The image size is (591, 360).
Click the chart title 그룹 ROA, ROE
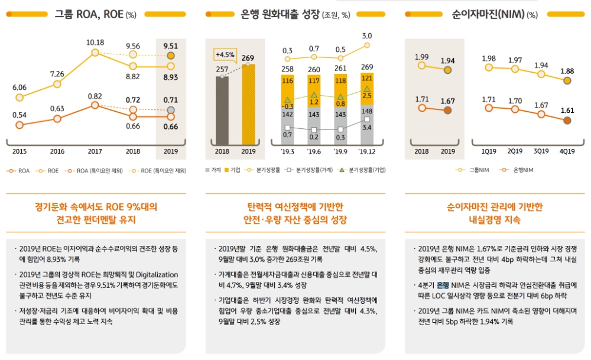click(x=88, y=14)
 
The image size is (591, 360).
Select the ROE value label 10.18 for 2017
click(x=95, y=43)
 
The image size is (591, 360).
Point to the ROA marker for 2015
click(x=20, y=125)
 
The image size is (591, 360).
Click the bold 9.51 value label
click(x=170, y=46)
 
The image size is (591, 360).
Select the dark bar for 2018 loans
click(x=222, y=109)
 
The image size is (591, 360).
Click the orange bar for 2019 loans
click(x=248, y=104)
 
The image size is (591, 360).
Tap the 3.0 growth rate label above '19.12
click(x=367, y=36)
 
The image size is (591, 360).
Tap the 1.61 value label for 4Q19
click(x=567, y=110)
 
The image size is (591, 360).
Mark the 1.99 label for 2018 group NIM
click(x=421, y=57)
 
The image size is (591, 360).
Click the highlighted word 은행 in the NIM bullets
click(x=443, y=286)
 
